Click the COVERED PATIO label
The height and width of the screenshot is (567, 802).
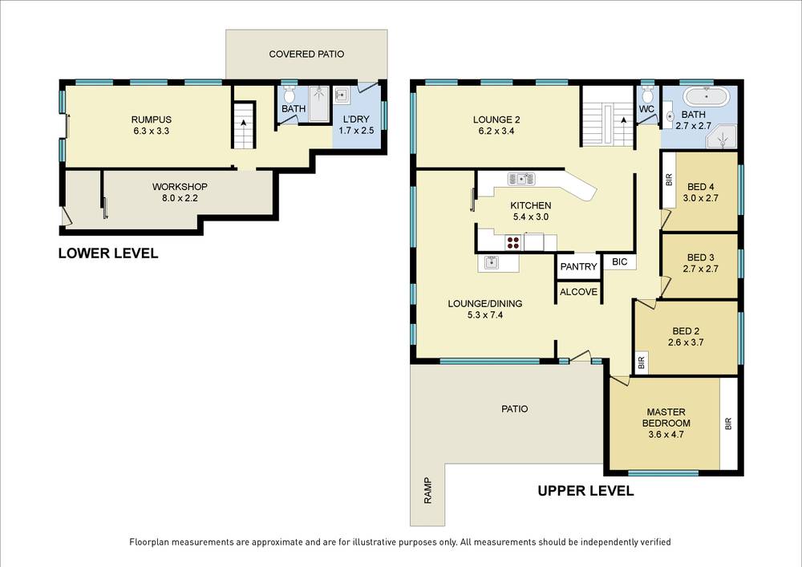click(x=306, y=55)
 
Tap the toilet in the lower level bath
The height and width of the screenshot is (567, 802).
click(x=290, y=94)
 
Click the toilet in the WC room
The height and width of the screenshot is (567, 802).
click(x=647, y=94)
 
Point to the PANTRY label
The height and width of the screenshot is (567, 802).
click(x=578, y=266)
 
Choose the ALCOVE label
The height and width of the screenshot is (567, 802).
click(x=578, y=292)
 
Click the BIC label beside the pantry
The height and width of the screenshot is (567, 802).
click(x=619, y=261)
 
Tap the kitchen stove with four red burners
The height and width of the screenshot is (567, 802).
click(x=513, y=242)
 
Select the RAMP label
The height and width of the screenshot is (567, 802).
click(x=428, y=491)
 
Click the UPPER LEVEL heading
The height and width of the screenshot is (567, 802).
click(x=585, y=491)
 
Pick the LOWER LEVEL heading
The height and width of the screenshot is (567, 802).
click(x=108, y=253)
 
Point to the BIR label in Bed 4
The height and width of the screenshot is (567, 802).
click(x=669, y=180)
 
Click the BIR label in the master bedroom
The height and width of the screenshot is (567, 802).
click(x=728, y=423)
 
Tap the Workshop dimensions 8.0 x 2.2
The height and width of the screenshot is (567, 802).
click(x=180, y=198)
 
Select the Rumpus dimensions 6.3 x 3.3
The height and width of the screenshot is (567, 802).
click(x=151, y=131)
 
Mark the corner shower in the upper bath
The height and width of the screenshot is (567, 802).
click(x=722, y=136)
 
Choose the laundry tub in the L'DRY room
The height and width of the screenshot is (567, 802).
click(x=341, y=95)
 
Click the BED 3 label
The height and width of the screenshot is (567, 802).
click(x=701, y=257)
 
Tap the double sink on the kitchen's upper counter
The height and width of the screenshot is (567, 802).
click(x=521, y=179)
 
